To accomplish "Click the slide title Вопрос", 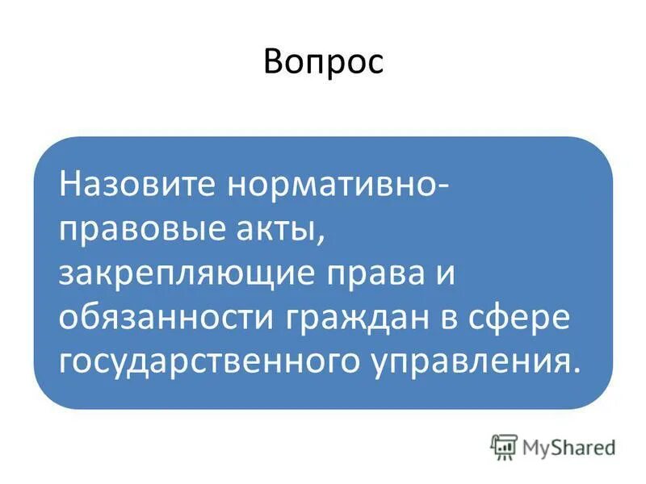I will tap(323, 63).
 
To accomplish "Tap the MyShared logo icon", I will tap(503, 445).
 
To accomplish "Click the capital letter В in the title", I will tap(274, 63).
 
